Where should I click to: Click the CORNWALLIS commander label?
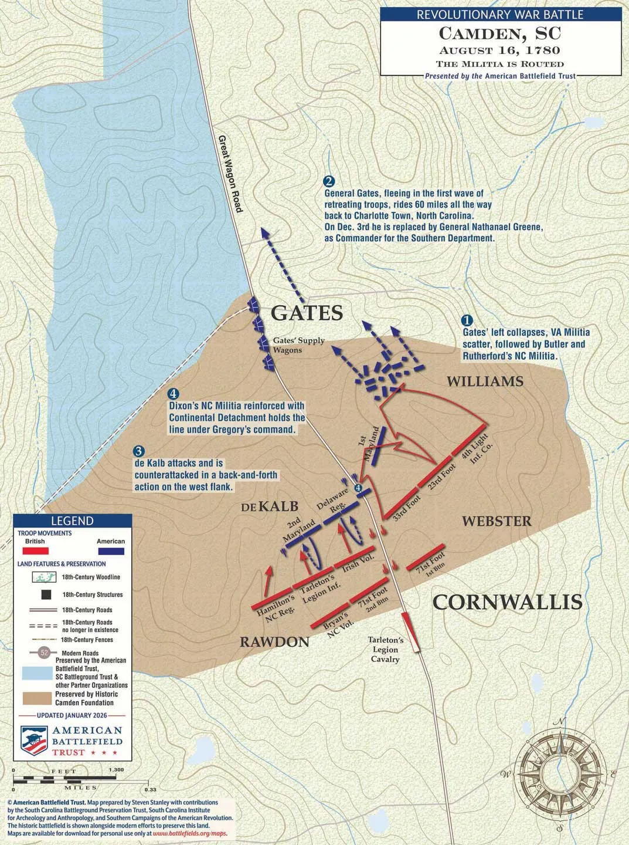pyautogui.click(x=507, y=603)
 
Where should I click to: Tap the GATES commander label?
pyautogui.click(x=307, y=313)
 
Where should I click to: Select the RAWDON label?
pyautogui.click(x=274, y=642)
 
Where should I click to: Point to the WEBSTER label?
pyautogui.click(x=497, y=521)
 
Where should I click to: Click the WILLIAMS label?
pyautogui.click(x=485, y=382)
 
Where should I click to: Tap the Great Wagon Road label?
pyautogui.click(x=230, y=174)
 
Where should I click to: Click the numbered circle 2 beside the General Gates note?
pyautogui.click(x=329, y=181)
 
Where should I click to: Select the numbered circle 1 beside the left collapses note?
pyautogui.click(x=467, y=320)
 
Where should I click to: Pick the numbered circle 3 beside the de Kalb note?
pyautogui.click(x=139, y=451)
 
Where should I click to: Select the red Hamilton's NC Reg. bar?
pyautogui.click(x=271, y=597)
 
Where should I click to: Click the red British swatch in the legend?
pyautogui.click(x=35, y=552)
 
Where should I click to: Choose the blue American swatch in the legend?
pyautogui.click(x=111, y=552)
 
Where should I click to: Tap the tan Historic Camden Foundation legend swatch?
pyautogui.click(x=36, y=698)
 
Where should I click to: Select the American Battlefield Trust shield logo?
pyautogui.click(x=34, y=741)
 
